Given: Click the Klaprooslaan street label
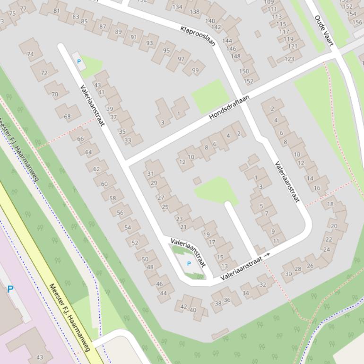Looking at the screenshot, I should coord(198,36).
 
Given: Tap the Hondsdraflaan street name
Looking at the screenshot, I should coord(229,107).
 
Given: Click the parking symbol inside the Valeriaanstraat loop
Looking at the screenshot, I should coord(189,264).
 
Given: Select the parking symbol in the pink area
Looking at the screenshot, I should coord(10,288).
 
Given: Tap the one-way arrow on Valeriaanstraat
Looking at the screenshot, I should coord(267,255).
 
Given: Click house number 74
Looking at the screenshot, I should coord(30,54).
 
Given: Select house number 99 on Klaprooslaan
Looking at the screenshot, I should coord(195,70).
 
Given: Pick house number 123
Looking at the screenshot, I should coord(289,59).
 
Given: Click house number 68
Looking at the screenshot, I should coord(67,116).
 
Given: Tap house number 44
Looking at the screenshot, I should coord(163,293).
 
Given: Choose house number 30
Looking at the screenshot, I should coord(288,274).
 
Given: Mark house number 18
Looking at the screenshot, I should coord(330,204).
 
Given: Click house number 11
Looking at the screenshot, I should coord(276,241).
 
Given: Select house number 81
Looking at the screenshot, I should coord(57,11).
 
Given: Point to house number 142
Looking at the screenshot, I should coord(216,27).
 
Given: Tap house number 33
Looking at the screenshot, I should coord(128,140).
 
